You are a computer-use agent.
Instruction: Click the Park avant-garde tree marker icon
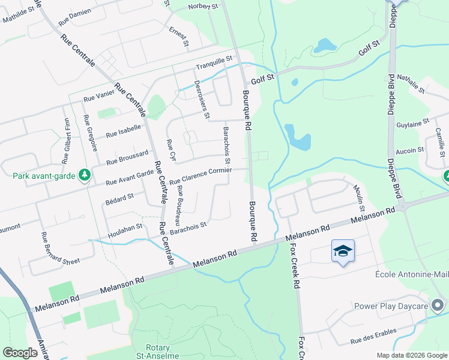pyautogui.click(x=85, y=175)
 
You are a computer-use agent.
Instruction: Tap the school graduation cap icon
pyautogui.click(x=342, y=251)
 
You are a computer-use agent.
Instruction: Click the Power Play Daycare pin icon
pyautogui.click(x=438, y=305)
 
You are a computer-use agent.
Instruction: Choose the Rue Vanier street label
pyautogui.click(x=98, y=96)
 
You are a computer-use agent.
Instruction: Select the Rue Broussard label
pyautogui.click(x=127, y=158)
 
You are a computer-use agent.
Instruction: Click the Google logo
pyautogui.click(x=20, y=352)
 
